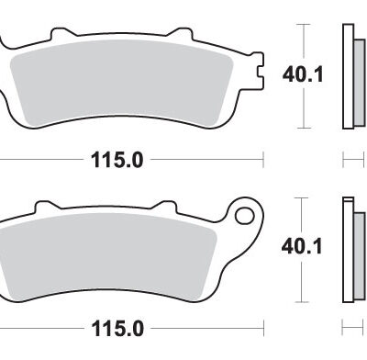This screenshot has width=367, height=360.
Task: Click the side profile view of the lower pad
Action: (x=349, y=248)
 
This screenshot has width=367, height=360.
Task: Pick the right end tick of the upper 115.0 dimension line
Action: (x=263, y=160)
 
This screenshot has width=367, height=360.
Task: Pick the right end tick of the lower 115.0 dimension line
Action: (x=263, y=328)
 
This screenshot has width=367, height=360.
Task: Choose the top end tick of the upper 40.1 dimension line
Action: (x=305, y=24)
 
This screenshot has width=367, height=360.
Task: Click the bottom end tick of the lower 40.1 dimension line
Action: (x=305, y=300)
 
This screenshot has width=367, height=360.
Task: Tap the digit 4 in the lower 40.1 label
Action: (x=286, y=245)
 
